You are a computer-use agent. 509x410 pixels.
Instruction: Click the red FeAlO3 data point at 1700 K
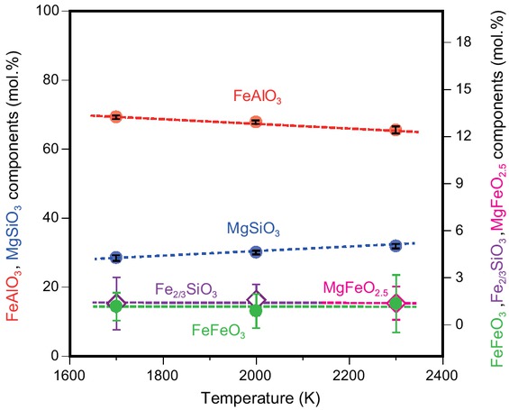[115, 117]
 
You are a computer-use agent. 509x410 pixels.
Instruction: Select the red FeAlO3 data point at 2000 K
[256, 122]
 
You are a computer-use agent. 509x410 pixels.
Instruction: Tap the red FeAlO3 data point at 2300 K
[395, 130]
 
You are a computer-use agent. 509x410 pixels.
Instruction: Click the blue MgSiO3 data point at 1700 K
[115, 258]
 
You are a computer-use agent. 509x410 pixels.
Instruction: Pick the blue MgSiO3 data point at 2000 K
[256, 252]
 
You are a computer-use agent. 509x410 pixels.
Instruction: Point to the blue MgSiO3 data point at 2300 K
[395, 245]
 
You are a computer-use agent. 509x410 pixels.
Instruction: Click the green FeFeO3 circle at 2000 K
[256, 311]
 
